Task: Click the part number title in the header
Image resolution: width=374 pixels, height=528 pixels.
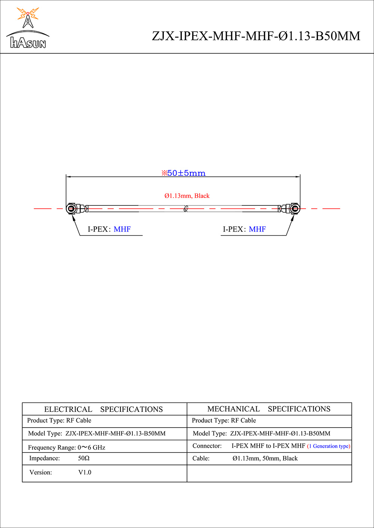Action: [256, 36]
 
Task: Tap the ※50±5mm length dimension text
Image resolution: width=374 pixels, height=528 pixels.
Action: [183, 173]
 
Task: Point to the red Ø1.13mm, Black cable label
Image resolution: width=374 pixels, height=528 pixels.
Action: [187, 196]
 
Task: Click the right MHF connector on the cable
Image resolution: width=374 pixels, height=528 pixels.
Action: [294, 208]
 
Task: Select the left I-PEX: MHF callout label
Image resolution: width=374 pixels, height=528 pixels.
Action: [109, 229]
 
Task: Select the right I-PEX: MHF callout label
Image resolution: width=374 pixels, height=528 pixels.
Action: [244, 229]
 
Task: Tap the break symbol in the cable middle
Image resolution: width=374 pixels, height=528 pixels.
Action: [186, 208]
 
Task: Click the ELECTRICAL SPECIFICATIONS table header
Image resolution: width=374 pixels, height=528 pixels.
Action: [104, 409]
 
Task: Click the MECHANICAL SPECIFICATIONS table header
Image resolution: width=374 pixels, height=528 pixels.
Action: [269, 409]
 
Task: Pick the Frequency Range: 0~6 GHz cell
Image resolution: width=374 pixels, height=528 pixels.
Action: [67, 447]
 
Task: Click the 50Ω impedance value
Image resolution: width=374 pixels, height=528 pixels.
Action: [84, 458]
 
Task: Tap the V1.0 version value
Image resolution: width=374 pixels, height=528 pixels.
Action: [85, 472]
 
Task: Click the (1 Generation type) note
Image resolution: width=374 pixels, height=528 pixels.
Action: [329, 446]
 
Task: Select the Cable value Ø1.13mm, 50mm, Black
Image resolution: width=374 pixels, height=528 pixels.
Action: [265, 458]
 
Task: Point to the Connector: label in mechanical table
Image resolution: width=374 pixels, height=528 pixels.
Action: [207, 446]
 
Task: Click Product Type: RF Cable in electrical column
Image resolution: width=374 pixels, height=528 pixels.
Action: [59, 420]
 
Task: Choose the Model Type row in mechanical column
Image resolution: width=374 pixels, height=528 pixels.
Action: [261, 434]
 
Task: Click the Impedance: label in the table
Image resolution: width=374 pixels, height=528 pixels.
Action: [45, 458]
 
